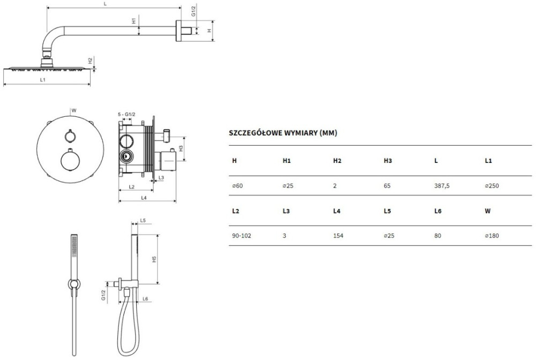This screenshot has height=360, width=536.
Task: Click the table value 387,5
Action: pos(442,186)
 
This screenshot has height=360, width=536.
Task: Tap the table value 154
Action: pos(338,236)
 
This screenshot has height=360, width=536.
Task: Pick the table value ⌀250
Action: pos(492,186)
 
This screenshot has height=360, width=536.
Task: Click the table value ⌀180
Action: pos(492,236)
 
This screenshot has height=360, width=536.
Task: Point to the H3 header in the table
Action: pos(388,161)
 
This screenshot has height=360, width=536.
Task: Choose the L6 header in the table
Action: pos(438,211)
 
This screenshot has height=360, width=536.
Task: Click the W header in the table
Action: pos(488,211)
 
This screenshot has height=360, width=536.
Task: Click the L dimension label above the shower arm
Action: pos(105,4)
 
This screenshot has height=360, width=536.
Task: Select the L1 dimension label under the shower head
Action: pos(43,80)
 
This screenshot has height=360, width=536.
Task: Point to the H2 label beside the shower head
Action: pos(90,61)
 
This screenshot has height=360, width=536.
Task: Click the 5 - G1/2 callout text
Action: pos(126,115)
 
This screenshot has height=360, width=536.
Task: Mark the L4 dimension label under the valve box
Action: pos(144,198)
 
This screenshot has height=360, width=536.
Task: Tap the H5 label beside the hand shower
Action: pos(154,259)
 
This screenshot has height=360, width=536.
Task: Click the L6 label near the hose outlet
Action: pos(145,299)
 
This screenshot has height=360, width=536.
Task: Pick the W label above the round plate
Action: pos(74,110)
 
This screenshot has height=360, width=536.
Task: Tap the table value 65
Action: pos(387,186)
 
